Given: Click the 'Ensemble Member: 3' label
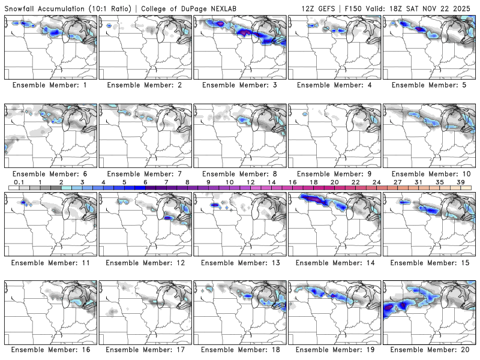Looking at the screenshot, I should pos(239,86).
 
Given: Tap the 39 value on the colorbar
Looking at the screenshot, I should pos(461,182).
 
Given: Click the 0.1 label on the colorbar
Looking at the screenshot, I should pos(19,182).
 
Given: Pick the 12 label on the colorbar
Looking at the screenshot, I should pos(251,182).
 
